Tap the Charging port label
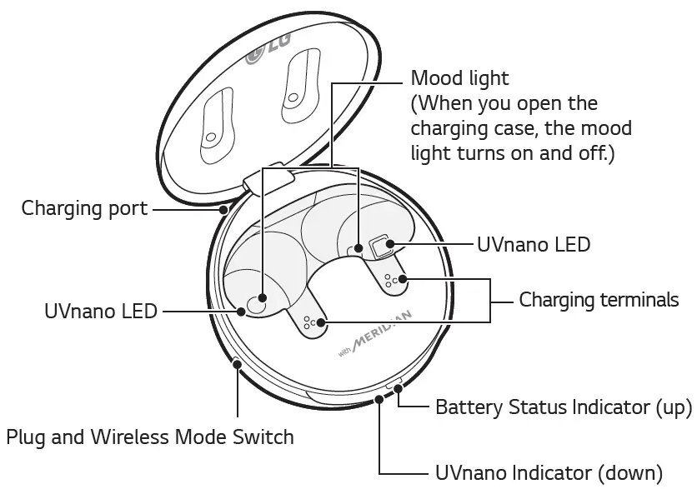84,208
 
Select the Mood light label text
460,79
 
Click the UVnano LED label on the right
534,245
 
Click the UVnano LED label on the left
101,312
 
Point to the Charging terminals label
599,299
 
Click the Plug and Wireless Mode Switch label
150,436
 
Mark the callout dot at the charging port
223,209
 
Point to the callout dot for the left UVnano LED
241,312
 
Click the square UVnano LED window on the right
383,246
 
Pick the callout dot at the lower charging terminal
320,321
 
